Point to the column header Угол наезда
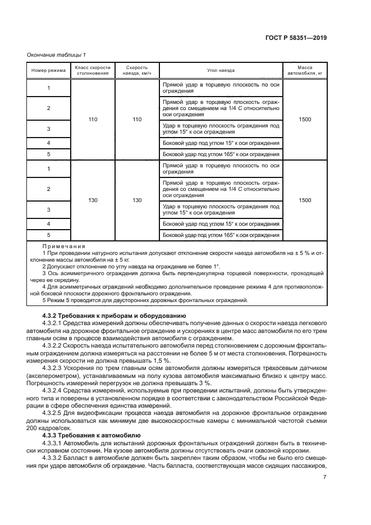(x=221, y=71)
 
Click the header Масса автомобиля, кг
(x=305, y=71)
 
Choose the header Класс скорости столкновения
(x=90, y=71)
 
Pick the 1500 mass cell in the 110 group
(x=305, y=120)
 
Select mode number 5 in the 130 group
(x=48, y=235)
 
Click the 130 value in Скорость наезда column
(x=137, y=200)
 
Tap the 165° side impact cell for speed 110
(x=220, y=154)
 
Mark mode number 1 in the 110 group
(x=48, y=88)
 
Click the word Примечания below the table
(x=63, y=246)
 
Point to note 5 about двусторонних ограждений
(x=145, y=300)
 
